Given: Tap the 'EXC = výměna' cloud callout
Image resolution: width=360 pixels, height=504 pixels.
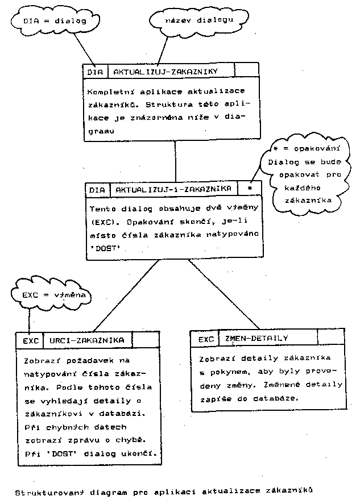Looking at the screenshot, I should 52,296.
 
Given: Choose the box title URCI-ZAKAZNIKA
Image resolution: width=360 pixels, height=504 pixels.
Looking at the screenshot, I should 87,340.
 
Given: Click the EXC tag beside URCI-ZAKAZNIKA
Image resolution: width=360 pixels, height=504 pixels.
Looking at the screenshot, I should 31,341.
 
